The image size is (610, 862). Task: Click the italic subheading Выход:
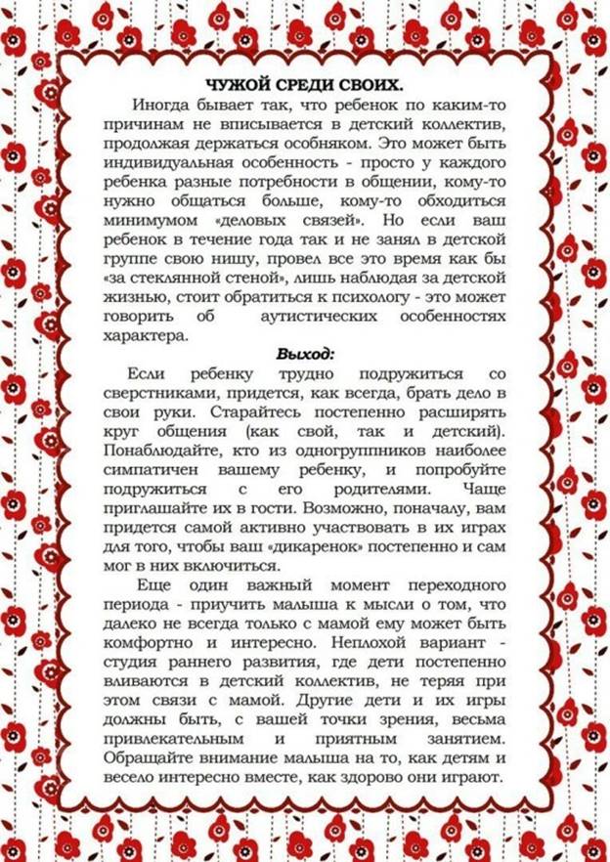(x=305, y=353)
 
